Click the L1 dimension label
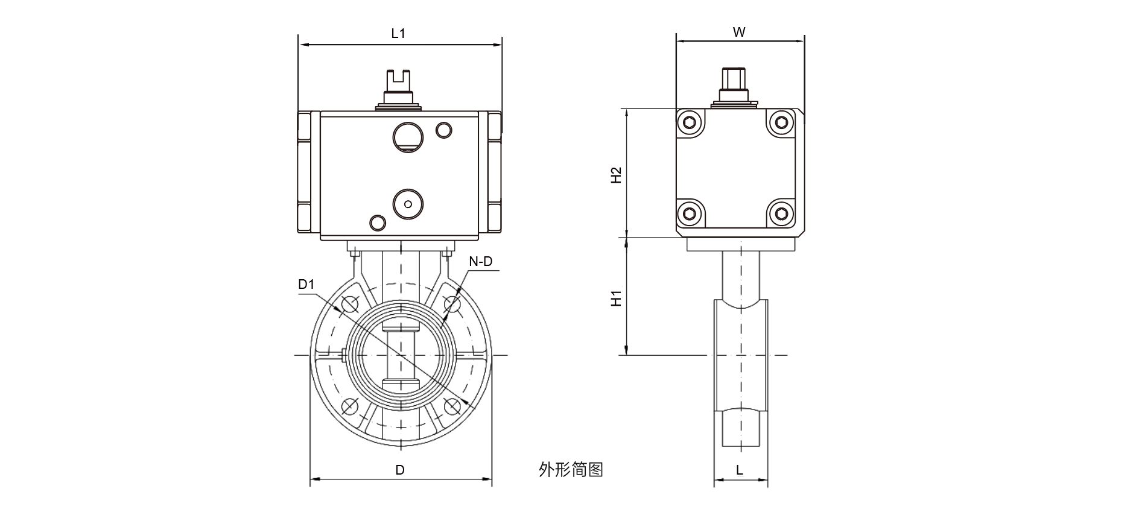tap(398, 34)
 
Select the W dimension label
tap(739, 33)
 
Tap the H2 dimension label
tap(616, 175)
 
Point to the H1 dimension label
tap(616, 298)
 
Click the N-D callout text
tap(481, 261)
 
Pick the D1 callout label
tap(306, 284)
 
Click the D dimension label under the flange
tap(400, 470)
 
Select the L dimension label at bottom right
tap(740, 470)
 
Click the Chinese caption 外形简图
tap(571, 469)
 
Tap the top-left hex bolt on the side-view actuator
tap(690, 124)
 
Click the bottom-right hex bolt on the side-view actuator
tap(782, 213)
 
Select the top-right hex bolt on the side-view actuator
tap(782, 124)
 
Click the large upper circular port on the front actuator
tap(407, 135)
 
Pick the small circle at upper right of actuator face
tap(443, 129)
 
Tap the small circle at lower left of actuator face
tap(378, 222)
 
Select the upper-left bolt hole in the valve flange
tap(349, 305)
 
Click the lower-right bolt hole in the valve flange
tap(451, 406)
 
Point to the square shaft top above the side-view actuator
tap(734, 78)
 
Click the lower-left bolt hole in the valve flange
tap(349, 406)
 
